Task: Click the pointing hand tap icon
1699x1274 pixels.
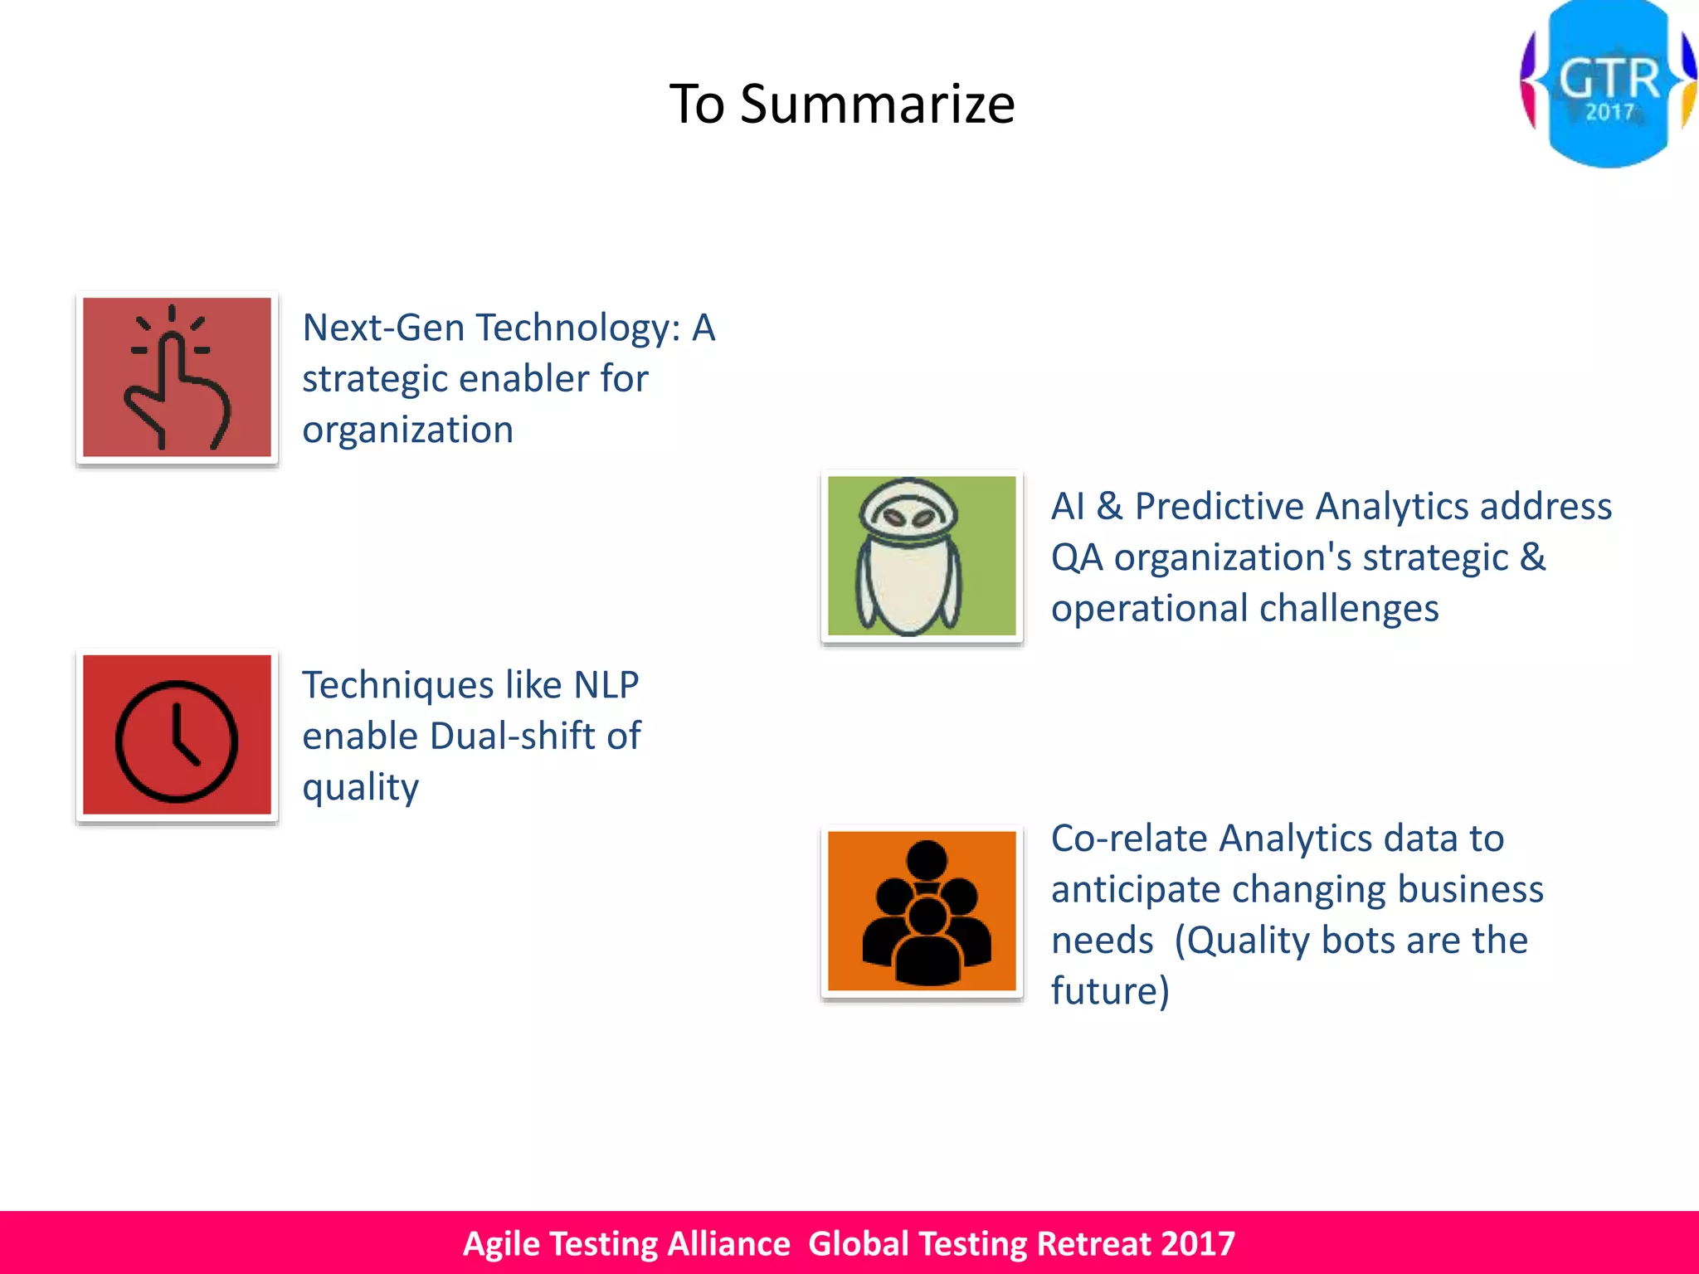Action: point(177,378)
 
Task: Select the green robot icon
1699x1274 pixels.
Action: point(922,557)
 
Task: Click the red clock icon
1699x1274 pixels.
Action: point(177,735)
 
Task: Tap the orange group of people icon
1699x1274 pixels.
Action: point(922,912)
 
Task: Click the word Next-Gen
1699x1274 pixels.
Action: point(395,328)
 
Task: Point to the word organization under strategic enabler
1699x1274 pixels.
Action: point(407,430)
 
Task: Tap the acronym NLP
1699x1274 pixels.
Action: point(606,685)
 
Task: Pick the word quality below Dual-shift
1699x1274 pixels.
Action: point(360,788)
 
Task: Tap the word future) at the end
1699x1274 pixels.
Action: point(1110,991)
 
